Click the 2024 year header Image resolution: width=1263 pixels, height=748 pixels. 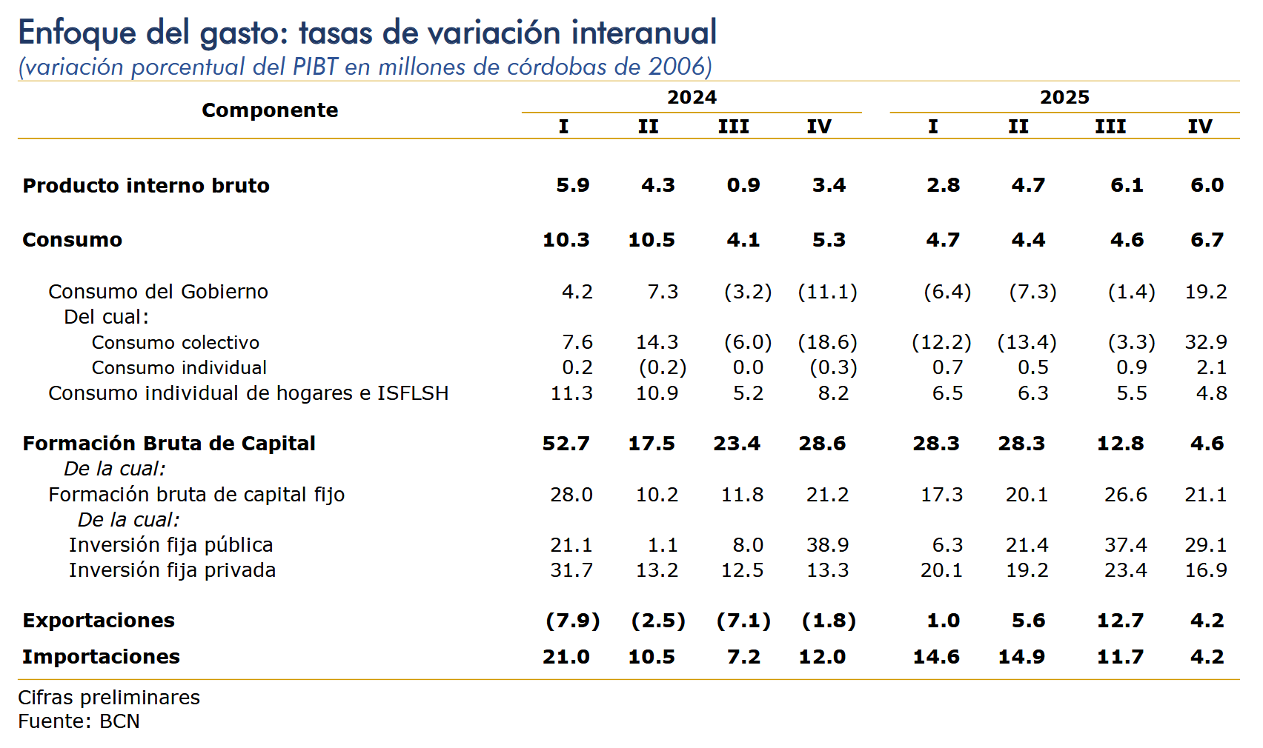(692, 97)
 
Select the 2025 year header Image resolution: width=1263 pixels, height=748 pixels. (1064, 97)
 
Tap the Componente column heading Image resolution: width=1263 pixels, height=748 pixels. (270, 110)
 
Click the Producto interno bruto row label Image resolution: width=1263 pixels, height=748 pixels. (146, 185)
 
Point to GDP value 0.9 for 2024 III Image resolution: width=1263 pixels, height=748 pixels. (743, 185)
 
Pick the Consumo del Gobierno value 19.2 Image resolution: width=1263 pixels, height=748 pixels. (1206, 292)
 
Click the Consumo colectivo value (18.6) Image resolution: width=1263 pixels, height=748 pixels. (827, 342)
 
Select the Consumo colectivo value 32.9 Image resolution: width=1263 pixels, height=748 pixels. (1206, 342)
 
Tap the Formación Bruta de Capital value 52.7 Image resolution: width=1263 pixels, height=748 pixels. (566, 444)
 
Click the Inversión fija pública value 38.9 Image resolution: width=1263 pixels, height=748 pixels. (827, 545)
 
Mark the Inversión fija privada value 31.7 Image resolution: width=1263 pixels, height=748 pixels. (571, 570)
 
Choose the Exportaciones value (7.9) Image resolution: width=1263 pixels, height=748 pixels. (573, 621)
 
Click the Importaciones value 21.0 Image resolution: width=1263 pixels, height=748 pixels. (566, 657)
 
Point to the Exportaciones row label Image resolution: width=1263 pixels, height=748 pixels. (99, 621)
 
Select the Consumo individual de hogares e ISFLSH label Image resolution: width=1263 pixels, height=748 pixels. (248, 393)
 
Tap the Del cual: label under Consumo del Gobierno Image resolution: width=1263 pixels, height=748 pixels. (106, 317)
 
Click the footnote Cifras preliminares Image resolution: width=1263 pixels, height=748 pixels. (109, 698)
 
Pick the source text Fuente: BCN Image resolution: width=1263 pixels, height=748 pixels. (79, 721)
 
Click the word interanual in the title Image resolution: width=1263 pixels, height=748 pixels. (644, 33)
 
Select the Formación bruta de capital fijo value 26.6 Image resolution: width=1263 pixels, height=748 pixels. (1125, 495)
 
